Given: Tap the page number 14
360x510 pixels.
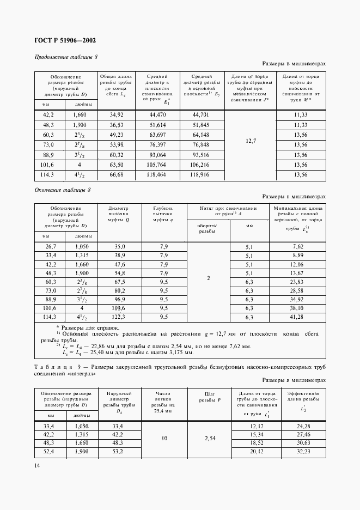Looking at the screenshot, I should (36, 465).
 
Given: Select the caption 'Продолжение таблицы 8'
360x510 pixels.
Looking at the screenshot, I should (66, 57).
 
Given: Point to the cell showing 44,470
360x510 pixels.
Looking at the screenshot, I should (157, 115).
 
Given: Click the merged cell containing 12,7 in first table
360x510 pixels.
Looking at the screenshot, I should (250, 141).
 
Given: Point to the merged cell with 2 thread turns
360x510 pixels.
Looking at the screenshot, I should (208, 278).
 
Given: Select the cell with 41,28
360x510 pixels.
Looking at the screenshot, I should (297, 317).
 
